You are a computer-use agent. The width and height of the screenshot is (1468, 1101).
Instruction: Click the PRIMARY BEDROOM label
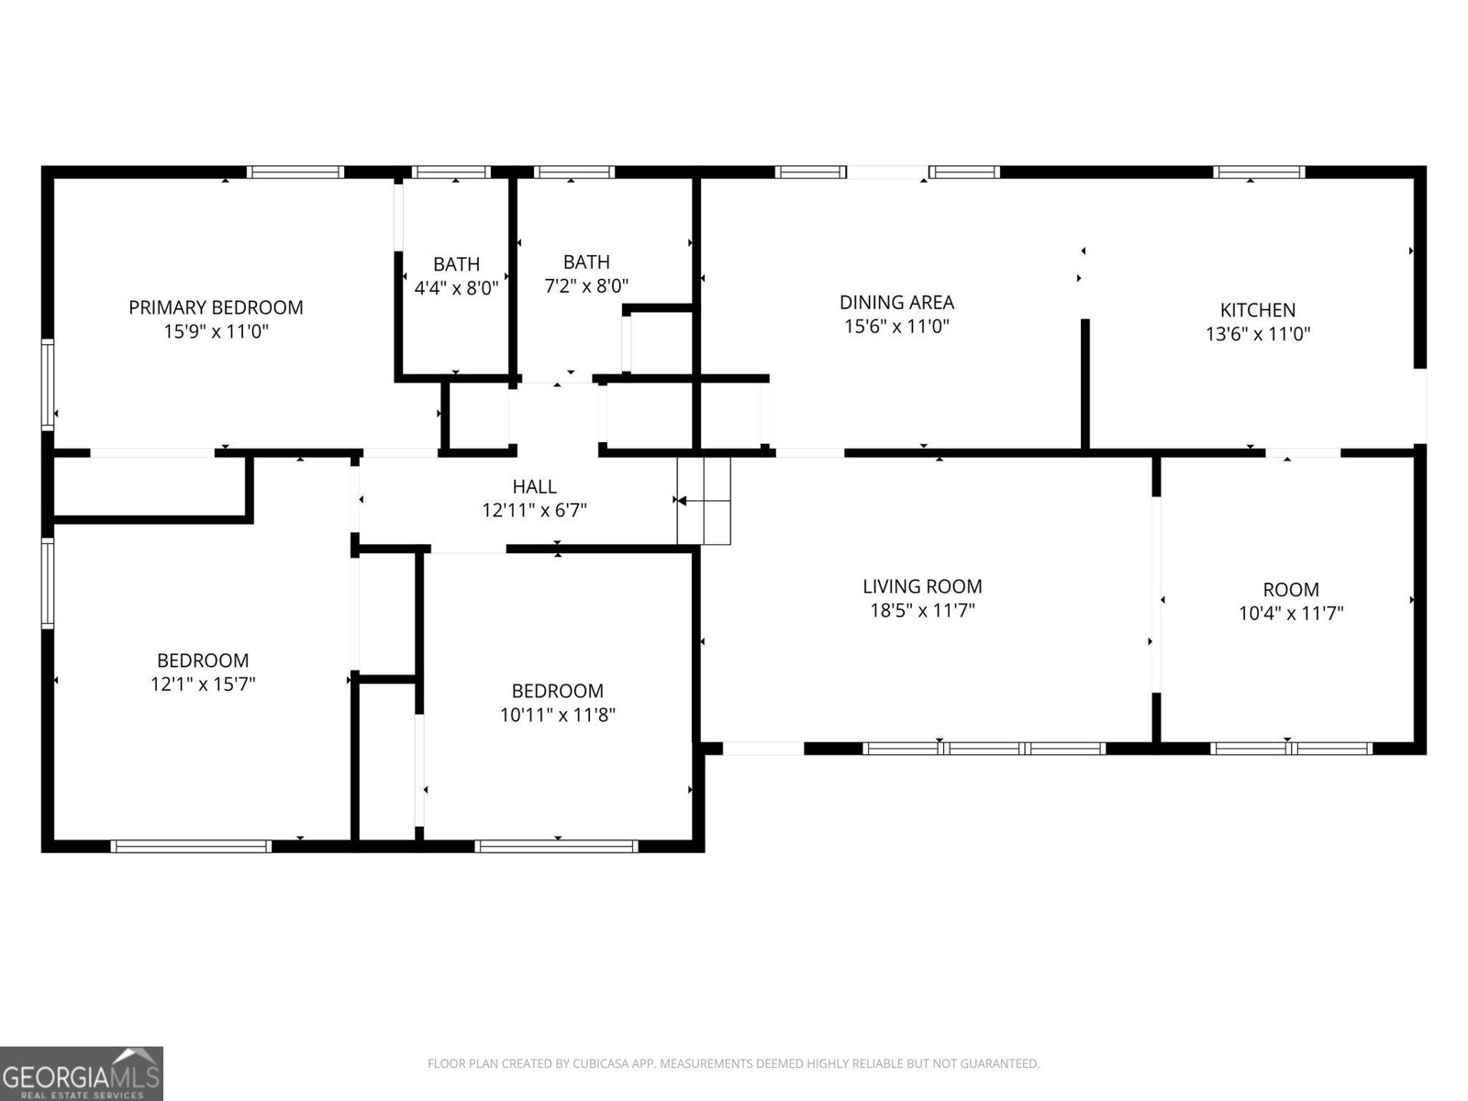216,307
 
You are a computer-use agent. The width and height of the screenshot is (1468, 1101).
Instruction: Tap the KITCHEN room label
1257,310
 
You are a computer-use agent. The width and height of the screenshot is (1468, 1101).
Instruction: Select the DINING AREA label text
896,302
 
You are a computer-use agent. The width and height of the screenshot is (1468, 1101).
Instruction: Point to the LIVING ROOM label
922,586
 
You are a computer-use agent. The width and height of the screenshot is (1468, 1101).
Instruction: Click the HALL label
534,486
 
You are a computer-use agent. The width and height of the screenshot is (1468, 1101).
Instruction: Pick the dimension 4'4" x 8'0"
456,287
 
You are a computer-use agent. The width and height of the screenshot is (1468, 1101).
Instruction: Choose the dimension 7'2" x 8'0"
586,285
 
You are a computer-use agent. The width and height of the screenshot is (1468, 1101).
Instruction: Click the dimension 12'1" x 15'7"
203,684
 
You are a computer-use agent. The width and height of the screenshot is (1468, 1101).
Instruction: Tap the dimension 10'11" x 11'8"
557,715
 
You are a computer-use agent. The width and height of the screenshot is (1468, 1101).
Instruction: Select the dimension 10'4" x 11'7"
1291,613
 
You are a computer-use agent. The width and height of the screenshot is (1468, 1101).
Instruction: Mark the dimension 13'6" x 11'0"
1257,334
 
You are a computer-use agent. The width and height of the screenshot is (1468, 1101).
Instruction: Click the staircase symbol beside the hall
704,500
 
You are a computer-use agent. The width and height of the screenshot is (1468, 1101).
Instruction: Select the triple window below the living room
984,749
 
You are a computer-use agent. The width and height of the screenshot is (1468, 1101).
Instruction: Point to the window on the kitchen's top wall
1259,172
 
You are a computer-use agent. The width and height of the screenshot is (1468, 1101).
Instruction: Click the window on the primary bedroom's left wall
48,384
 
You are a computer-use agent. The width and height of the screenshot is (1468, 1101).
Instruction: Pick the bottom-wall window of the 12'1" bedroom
191,846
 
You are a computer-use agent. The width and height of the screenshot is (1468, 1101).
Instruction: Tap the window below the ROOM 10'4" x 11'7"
1291,749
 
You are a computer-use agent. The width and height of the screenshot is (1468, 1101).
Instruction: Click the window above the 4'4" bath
450,172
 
